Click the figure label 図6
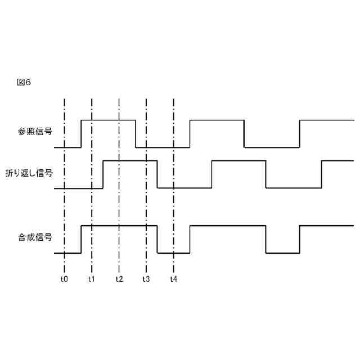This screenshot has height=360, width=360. [24, 82]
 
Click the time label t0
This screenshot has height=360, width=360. [64, 278]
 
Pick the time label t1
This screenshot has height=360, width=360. [92, 278]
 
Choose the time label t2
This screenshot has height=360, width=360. [119, 278]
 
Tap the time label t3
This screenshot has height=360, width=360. [146, 278]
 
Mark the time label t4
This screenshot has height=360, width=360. [174, 278]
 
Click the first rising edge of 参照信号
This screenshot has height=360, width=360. [82, 133]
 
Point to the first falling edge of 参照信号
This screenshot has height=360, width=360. [136, 133]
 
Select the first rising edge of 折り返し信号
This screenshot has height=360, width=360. [103, 174]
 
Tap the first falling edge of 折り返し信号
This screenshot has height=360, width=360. [157, 174]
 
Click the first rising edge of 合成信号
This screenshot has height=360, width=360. [82, 239]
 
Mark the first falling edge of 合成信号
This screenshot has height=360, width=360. [157, 239]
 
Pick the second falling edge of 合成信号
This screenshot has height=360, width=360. [266, 239]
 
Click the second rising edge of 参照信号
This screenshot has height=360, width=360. [190, 133]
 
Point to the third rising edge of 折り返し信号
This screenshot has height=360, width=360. [321, 174]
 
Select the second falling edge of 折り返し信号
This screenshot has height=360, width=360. [266, 174]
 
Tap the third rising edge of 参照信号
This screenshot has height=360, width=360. [300, 133]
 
